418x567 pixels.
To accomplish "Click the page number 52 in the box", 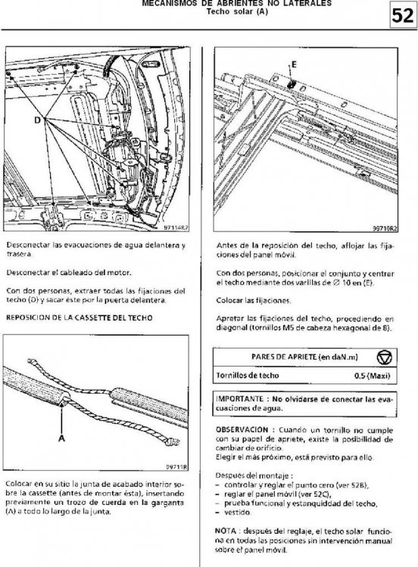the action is click(402, 17).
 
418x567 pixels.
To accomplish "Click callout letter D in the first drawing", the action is click(38, 119).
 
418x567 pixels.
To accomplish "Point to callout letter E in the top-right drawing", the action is click(294, 65).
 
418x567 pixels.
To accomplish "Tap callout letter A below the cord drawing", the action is click(61, 438).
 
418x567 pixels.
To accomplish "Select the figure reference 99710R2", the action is click(385, 228).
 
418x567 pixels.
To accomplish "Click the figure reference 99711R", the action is click(176, 467).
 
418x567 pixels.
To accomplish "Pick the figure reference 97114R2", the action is click(176, 228).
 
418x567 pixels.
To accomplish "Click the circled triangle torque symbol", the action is click(384, 358).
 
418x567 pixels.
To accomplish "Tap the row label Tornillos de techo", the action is click(248, 375).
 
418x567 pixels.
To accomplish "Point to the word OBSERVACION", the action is click(242, 430).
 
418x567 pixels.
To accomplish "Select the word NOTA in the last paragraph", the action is click(226, 531).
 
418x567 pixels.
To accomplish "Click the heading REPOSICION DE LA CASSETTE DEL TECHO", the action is click(80, 318).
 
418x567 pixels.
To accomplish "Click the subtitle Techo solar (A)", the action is click(237, 11).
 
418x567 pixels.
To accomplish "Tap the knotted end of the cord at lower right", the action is click(173, 442).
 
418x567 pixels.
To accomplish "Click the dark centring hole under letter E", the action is click(291, 85).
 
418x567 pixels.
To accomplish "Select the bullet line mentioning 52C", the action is click(277, 494).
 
